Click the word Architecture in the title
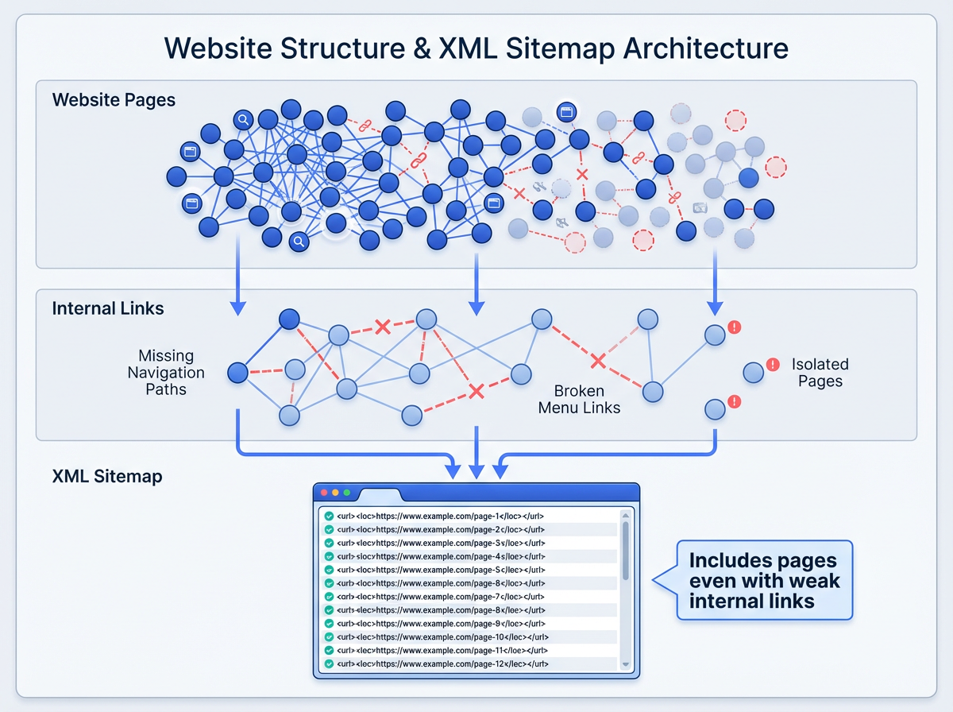705,48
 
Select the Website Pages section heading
114,100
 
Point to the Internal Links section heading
108,308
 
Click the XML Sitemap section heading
107,477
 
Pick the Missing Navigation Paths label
166,373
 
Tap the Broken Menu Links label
579,399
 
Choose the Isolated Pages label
820,373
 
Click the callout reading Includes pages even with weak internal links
763,580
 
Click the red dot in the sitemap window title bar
324,493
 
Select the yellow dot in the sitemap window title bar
335,493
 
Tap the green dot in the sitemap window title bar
346,493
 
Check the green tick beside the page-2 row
328,529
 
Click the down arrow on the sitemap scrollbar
625,664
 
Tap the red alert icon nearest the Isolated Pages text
773,365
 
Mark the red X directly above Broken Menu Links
598,362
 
